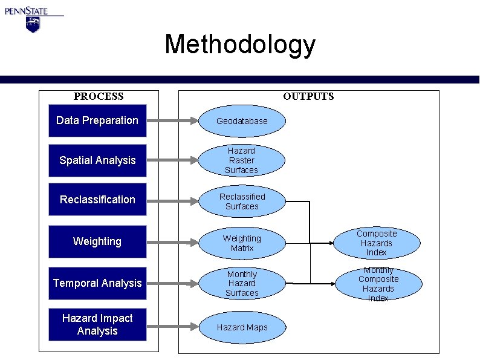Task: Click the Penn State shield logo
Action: pyautogui.click(x=32, y=24)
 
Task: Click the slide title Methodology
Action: pyautogui.click(x=239, y=45)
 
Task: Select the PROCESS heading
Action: pyautogui.click(x=99, y=96)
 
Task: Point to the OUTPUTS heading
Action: pyautogui.click(x=308, y=96)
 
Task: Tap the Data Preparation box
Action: pyautogui.click(x=97, y=120)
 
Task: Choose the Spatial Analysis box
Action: pyautogui.click(x=97, y=160)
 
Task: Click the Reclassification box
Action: pyautogui.click(x=97, y=200)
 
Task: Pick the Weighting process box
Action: pyautogui.click(x=97, y=241)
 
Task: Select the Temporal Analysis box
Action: pyautogui.click(x=97, y=283)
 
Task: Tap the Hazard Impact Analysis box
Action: pyautogui.click(x=97, y=324)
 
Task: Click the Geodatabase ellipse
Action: pyautogui.click(x=242, y=120)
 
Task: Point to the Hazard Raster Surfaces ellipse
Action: pyautogui.click(x=241, y=160)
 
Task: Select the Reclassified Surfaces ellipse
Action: pyautogui.click(x=242, y=201)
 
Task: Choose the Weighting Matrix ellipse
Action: pyautogui.click(x=242, y=243)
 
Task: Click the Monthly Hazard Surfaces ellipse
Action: pyautogui.click(x=242, y=283)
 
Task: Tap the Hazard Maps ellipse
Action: pyautogui.click(x=242, y=327)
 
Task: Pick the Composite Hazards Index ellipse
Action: pyautogui.click(x=377, y=243)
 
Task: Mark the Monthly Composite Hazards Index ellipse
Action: pyautogui.click(x=378, y=283)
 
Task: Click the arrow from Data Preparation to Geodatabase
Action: pyautogui.click(x=173, y=120)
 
